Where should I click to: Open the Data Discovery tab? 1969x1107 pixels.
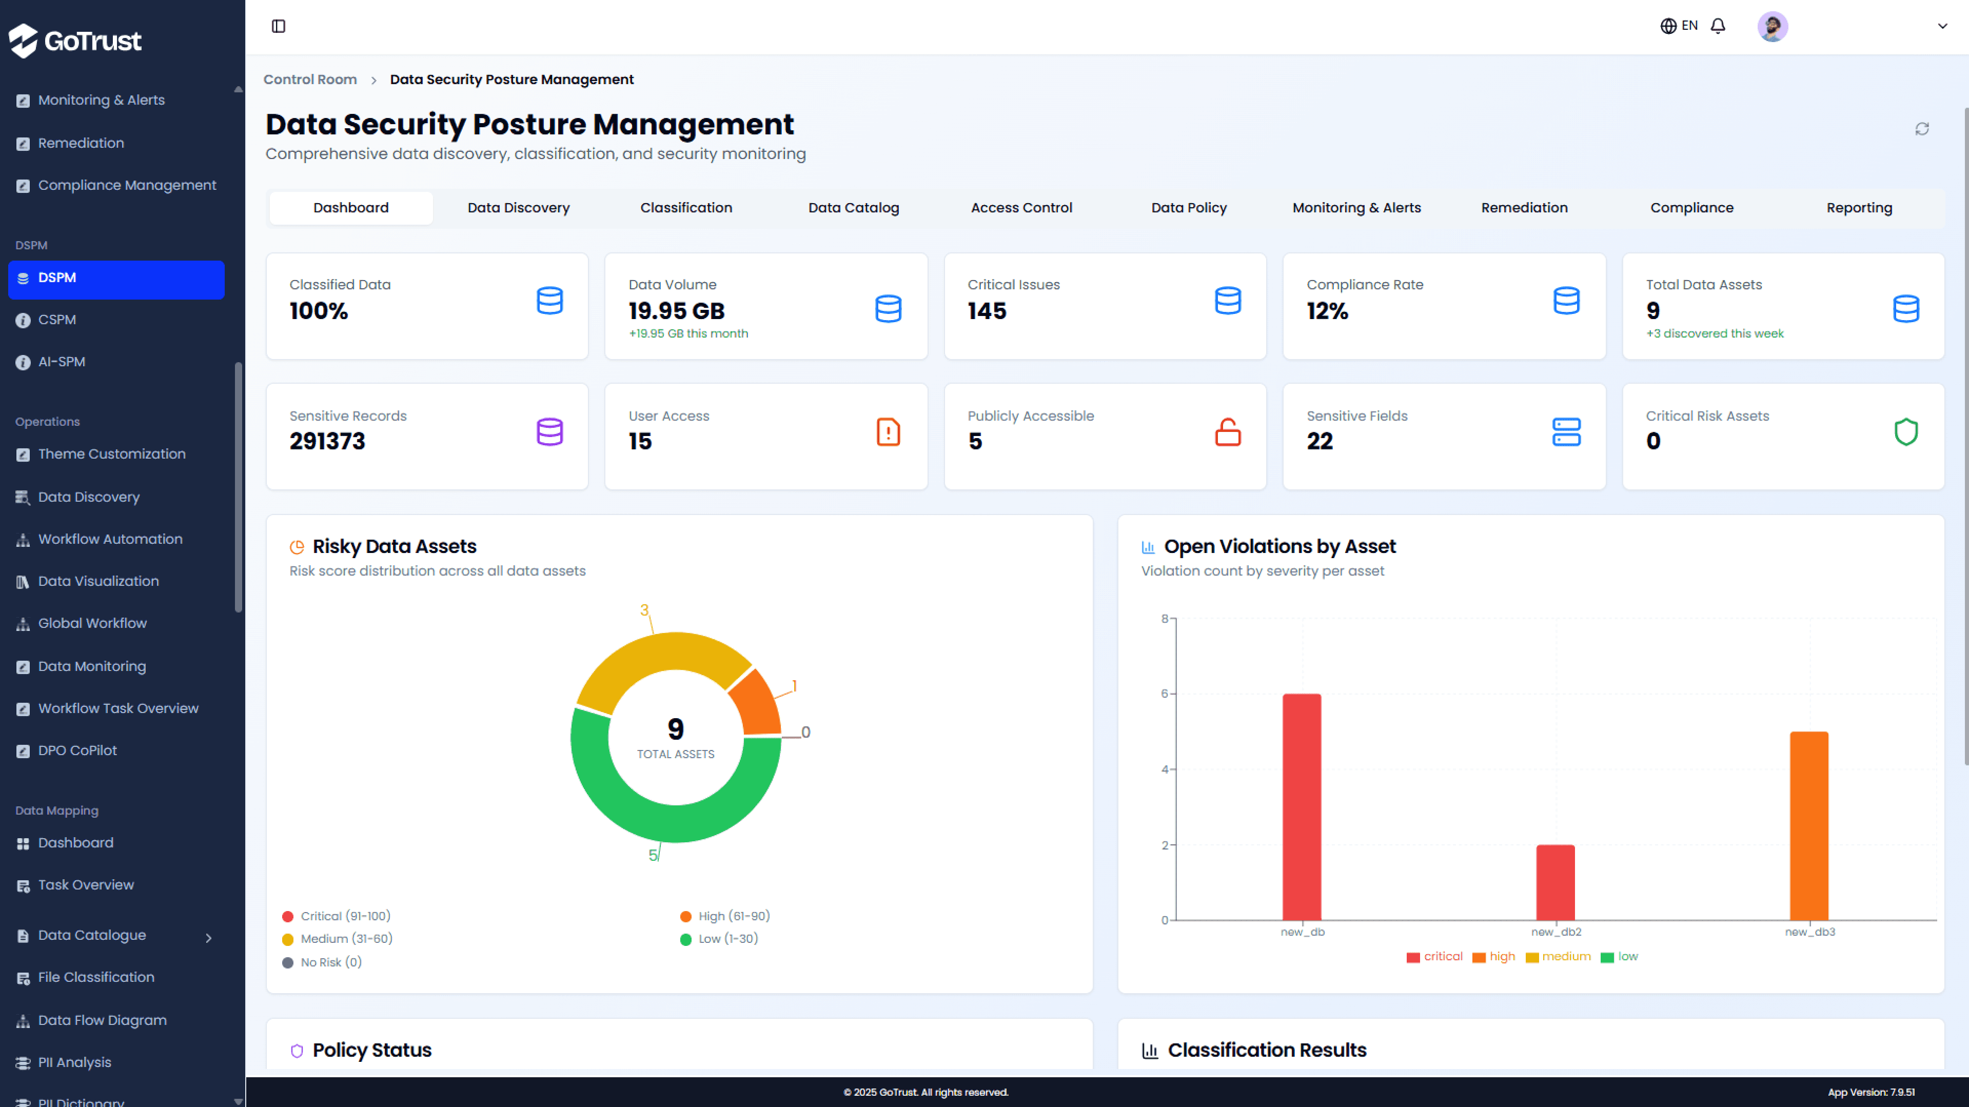518,208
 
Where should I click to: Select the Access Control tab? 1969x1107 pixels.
1021,208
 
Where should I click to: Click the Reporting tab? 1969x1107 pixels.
1859,208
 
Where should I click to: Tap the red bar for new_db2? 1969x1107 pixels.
1555,882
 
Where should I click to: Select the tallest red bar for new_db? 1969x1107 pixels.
1302,806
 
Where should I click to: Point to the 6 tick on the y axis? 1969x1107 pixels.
1165,694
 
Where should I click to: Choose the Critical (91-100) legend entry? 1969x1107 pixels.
345,916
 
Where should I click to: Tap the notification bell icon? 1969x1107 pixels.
1718,26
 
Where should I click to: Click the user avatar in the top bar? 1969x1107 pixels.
1772,27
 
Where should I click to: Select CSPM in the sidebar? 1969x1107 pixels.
57,320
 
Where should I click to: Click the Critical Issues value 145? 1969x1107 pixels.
987,311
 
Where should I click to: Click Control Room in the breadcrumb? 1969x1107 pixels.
309,80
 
